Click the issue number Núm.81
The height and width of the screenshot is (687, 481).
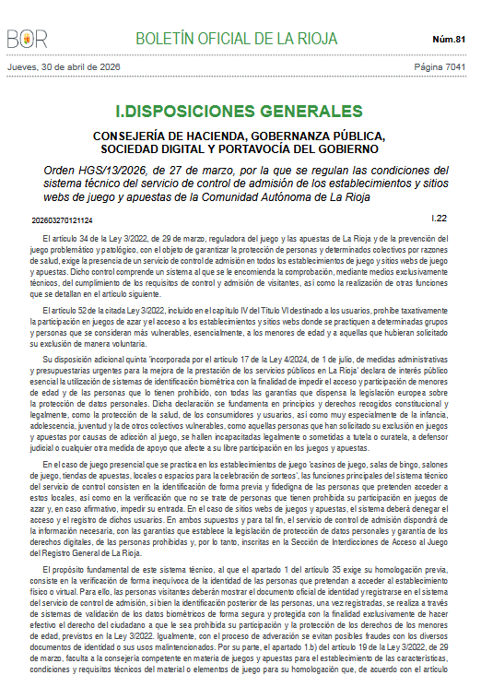449,39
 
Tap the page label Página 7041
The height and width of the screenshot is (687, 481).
440,67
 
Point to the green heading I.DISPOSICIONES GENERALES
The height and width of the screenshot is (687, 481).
240,113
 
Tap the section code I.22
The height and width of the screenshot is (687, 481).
440,219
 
